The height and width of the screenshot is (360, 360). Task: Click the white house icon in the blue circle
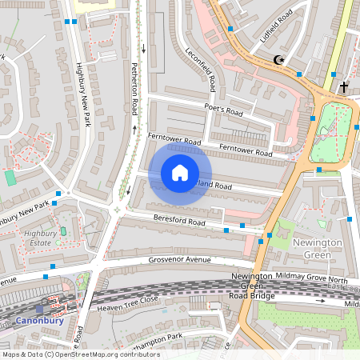[x=180, y=173]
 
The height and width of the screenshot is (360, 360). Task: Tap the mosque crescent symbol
[x=278, y=60]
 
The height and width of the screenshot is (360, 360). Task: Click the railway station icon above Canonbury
[x=40, y=307]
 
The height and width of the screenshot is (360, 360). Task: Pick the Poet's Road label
[x=223, y=110]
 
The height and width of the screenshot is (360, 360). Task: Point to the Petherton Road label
[x=135, y=89]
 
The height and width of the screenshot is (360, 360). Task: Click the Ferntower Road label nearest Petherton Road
[x=174, y=141]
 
